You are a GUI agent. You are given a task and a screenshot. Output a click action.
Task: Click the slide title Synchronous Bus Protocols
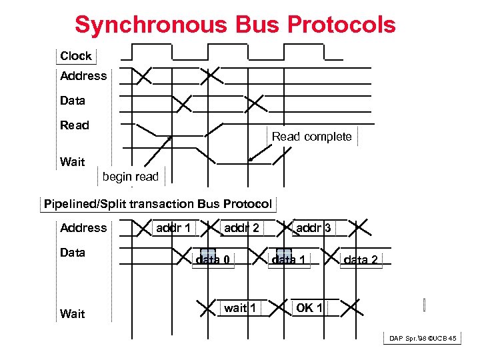(x=235, y=25)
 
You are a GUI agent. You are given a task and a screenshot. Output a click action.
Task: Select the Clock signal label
(x=75, y=56)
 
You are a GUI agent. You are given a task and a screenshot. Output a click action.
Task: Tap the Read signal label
(x=74, y=125)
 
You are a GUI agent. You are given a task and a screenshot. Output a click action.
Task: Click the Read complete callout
(x=311, y=137)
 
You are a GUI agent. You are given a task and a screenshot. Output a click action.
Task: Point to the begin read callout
(x=131, y=177)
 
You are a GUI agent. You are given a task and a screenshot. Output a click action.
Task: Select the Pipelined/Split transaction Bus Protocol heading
(x=158, y=204)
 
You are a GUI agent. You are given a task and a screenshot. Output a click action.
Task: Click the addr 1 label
(x=173, y=228)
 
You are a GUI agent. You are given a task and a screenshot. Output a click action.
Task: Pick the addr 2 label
(x=241, y=228)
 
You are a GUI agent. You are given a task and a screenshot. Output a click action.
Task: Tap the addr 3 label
(x=313, y=228)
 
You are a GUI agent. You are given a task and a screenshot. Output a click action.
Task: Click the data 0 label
(x=213, y=260)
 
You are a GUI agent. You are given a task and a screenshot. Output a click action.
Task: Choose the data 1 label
(x=289, y=260)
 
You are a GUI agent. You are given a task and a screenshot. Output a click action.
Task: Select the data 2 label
(x=361, y=260)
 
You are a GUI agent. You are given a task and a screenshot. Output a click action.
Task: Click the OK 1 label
(x=309, y=308)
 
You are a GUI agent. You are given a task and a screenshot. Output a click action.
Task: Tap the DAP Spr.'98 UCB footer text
(x=423, y=339)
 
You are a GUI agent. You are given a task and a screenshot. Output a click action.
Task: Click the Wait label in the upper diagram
(x=72, y=162)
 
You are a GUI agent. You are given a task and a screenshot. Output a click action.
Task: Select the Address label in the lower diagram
(x=83, y=228)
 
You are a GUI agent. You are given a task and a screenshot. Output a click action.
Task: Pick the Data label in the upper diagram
(x=73, y=101)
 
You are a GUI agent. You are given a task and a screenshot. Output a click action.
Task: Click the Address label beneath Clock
(x=83, y=76)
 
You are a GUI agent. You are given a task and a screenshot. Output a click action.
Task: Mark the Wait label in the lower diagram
(x=72, y=313)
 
